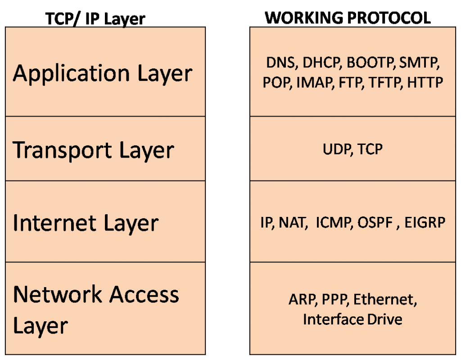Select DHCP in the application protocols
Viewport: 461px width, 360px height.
click(321, 63)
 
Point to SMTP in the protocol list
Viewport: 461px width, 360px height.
click(417, 63)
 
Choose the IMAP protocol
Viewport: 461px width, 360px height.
click(313, 83)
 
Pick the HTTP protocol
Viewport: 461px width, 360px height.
click(425, 83)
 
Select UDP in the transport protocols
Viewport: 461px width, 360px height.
click(336, 149)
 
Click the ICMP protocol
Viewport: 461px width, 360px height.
click(333, 222)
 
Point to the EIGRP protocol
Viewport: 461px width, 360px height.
click(425, 222)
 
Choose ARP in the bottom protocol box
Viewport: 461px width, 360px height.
click(301, 299)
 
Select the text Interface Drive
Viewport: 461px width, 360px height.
click(353, 319)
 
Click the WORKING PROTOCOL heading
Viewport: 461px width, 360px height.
click(348, 18)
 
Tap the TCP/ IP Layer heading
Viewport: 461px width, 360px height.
click(95, 19)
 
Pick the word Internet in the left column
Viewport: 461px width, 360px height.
click(54, 222)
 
